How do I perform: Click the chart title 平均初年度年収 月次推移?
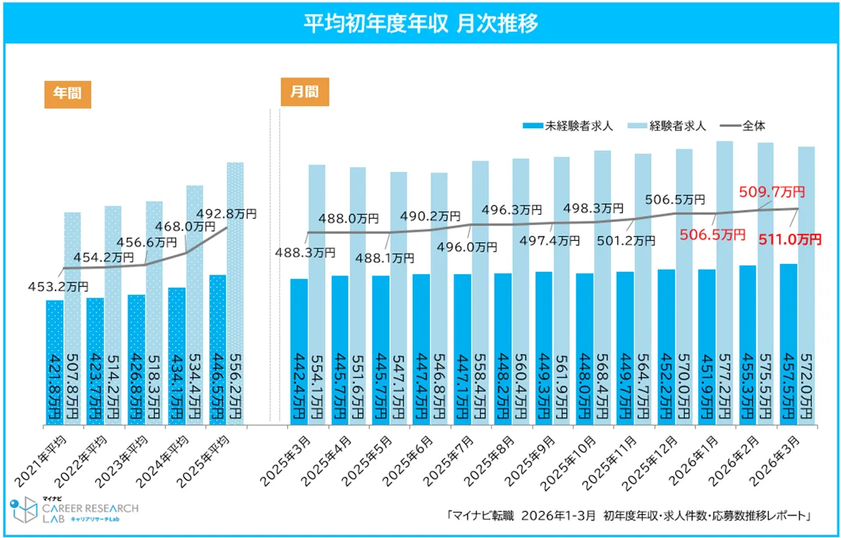pyautogui.click(x=420, y=22)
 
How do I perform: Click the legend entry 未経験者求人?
pyautogui.click(x=570, y=125)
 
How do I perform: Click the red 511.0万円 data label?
pyautogui.click(x=791, y=239)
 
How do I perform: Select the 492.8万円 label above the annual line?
pyautogui.click(x=226, y=214)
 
